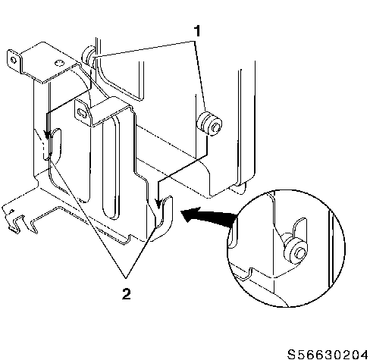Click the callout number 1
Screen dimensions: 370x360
[197, 31]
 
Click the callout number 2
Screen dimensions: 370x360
[127, 294]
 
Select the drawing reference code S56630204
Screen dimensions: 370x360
[328, 354]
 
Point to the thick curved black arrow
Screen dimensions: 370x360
[209, 217]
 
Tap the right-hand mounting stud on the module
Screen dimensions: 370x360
[210, 124]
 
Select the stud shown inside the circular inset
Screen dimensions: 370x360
[296, 252]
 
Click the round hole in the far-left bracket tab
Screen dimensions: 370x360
[13, 60]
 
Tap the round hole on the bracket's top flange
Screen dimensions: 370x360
[58, 62]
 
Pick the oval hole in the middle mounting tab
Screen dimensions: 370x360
[82, 112]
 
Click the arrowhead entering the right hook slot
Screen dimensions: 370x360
[158, 204]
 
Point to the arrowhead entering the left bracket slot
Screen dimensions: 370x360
[47, 135]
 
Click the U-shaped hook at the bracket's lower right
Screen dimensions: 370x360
[164, 218]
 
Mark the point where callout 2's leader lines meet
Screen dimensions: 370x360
[126, 278]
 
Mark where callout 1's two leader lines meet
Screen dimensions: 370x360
[195, 41]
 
